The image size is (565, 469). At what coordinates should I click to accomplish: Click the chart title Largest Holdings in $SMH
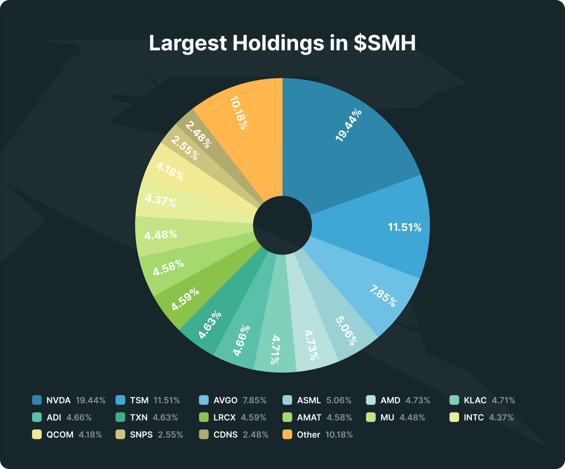point(282,43)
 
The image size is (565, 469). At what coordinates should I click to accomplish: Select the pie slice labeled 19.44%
point(349,125)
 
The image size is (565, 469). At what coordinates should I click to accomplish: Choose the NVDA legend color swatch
point(37,400)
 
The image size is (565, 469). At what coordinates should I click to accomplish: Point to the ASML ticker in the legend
point(309,401)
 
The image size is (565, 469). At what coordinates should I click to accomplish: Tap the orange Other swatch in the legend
point(287,434)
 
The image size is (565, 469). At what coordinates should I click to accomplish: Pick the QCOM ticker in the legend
point(60,435)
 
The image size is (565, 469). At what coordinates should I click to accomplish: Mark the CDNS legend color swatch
point(203,434)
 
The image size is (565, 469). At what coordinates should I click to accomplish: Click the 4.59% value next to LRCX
point(253,418)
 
